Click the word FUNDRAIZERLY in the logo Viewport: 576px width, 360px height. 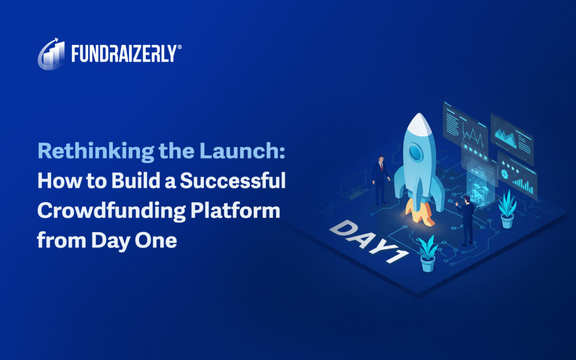click(123, 53)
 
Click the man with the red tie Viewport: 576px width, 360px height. click(381, 180)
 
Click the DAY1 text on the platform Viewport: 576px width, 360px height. click(368, 240)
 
